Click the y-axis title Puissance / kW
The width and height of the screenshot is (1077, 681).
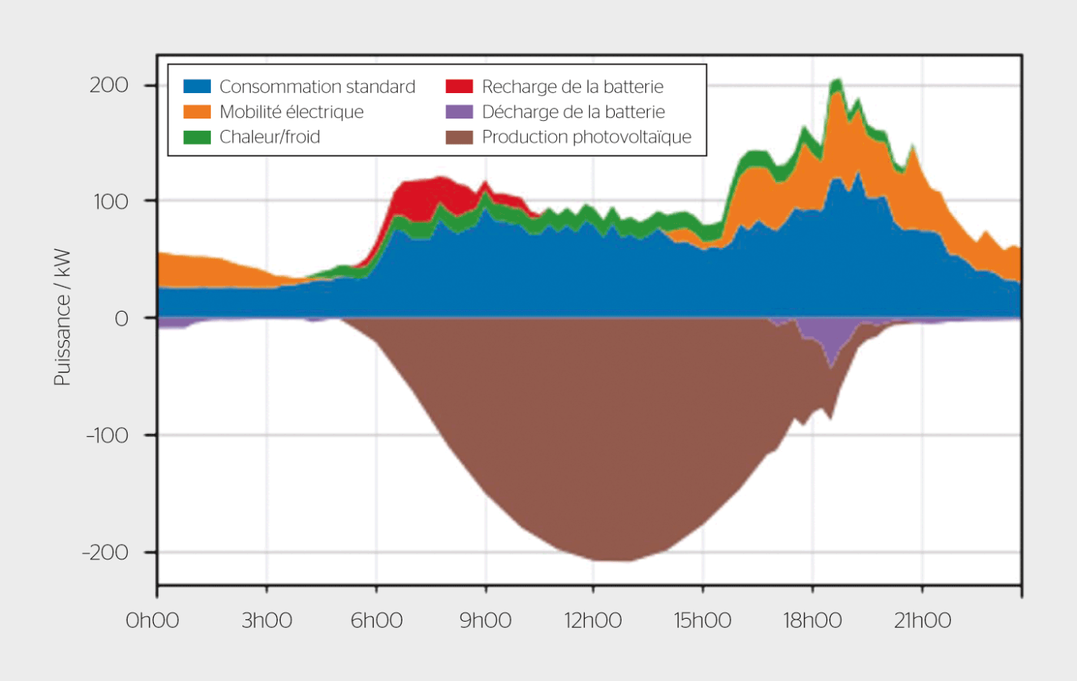point(62,317)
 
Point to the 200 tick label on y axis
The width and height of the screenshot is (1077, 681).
point(108,85)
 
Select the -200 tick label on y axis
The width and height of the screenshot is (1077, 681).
point(105,552)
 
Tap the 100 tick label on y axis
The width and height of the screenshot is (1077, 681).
point(108,202)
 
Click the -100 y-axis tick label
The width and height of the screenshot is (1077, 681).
point(105,436)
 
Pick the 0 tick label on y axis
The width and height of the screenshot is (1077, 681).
point(121,319)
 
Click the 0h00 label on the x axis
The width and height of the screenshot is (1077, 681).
point(152,621)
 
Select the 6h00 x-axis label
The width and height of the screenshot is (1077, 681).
point(376,621)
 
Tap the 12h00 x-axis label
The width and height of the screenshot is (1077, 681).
point(593,621)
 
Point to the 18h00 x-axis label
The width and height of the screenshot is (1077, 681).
point(812,621)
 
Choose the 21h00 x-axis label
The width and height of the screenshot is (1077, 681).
point(922,621)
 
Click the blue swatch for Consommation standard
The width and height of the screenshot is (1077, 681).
point(197,86)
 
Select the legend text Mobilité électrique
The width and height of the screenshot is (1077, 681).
point(292,112)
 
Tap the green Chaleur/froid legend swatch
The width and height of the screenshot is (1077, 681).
point(197,137)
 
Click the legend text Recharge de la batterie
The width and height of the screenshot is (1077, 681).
point(572,86)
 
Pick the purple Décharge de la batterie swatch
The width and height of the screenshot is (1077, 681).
point(459,112)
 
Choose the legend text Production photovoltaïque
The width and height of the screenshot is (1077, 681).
point(586,137)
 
